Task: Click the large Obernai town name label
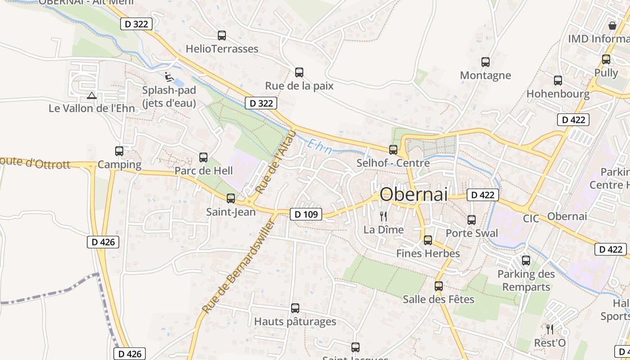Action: click(x=414, y=194)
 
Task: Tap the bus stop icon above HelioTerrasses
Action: click(x=221, y=36)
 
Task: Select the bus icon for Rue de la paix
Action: click(x=299, y=72)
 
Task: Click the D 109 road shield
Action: click(x=306, y=214)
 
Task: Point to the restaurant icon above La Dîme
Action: click(x=383, y=216)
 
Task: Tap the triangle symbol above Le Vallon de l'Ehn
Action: click(x=92, y=95)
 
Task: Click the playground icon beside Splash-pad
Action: click(x=169, y=77)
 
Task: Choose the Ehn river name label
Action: click(x=320, y=147)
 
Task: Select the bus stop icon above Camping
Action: click(x=119, y=151)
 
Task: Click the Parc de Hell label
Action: click(x=203, y=171)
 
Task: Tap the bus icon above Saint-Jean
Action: click(x=231, y=198)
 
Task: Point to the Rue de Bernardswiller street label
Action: click(x=238, y=266)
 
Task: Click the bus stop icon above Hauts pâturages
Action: click(x=295, y=308)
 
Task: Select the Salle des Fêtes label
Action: click(x=438, y=299)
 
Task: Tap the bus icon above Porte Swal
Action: click(x=472, y=220)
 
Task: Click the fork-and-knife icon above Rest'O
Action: click(x=549, y=329)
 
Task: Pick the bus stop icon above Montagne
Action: click(x=485, y=62)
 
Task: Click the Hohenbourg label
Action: click(x=558, y=94)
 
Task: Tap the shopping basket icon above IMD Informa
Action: click(x=612, y=26)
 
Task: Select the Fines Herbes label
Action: click(x=428, y=253)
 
